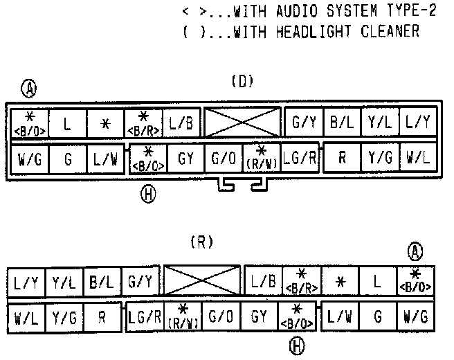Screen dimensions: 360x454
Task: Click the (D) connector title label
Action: (242, 82)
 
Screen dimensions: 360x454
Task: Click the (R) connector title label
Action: (201, 242)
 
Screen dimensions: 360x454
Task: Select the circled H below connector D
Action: (146, 193)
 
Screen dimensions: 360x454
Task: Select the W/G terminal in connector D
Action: (30, 159)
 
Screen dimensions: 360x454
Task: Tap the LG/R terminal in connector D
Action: (300, 159)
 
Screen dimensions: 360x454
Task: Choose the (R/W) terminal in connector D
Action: (262, 159)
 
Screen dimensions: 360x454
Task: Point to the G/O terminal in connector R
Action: (221, 318)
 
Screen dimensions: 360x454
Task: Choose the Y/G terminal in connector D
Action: (379, 159)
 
